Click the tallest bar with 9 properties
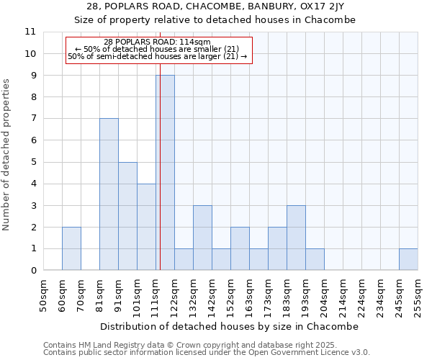point(166,173)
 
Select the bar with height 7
point(109,194)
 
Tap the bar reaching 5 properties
point(127,216)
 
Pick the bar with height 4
point(146,227)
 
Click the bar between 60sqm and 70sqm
point(71,248)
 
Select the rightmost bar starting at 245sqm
point(408,259)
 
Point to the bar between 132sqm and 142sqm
point(202,238)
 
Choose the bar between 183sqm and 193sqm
point(296,238)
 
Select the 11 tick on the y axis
point(30,32)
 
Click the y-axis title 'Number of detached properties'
point(7,155)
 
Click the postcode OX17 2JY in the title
point(328,6)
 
